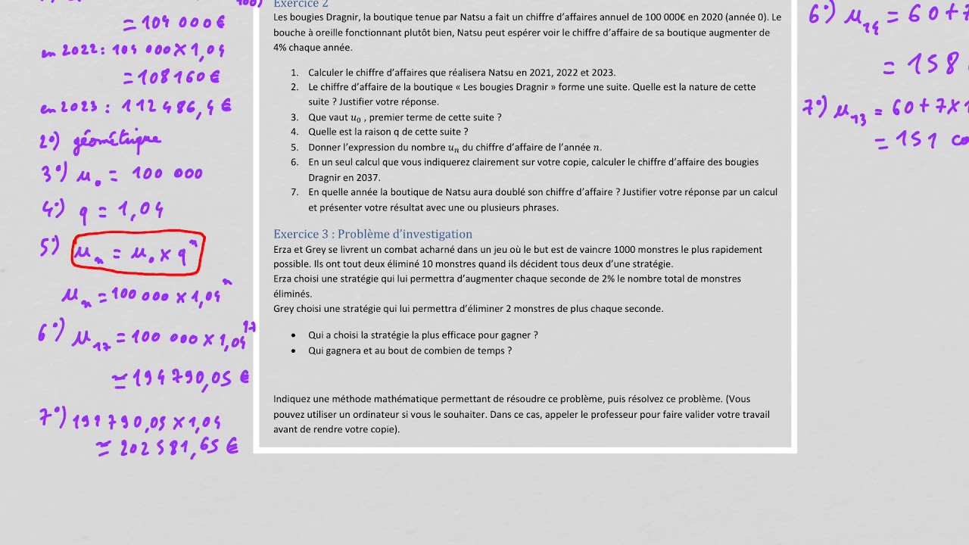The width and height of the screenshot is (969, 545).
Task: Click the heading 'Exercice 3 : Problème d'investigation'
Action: point(372,234)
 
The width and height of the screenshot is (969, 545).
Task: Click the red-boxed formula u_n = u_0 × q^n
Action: point(138,253)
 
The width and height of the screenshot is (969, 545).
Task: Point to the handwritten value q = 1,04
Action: point(120,210)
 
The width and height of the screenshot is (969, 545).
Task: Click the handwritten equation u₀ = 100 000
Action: point(139,173)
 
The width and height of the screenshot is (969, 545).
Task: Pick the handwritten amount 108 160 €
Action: point(170,76)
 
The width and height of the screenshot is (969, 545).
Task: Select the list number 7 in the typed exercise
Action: point(294,192)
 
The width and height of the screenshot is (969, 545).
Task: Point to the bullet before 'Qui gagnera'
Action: point(294,351)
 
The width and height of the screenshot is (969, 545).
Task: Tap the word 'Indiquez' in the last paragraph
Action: point(293,399)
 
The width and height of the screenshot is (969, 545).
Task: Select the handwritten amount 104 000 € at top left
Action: point(173,23)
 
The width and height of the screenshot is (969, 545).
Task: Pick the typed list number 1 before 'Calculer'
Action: point(294,73)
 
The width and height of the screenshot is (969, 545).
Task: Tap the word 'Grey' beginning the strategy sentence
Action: point(284,309)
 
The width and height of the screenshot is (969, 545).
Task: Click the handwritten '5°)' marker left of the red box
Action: point(50,246)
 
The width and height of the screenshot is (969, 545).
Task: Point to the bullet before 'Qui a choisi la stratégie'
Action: point(294,335)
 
